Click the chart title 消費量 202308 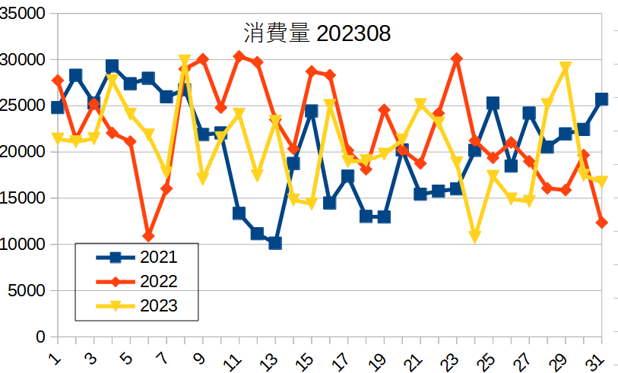317,33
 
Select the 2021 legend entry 158,258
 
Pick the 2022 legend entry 158,282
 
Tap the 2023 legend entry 158,306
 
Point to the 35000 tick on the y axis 23,13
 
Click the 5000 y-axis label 27,290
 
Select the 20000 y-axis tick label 23,152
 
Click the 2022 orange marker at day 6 148,236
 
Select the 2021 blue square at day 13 275,243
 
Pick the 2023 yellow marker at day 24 475,238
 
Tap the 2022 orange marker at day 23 457,58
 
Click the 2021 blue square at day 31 601,99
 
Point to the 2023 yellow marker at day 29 566,68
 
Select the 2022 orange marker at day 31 601,223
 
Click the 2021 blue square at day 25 493,103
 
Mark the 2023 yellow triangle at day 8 185,60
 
